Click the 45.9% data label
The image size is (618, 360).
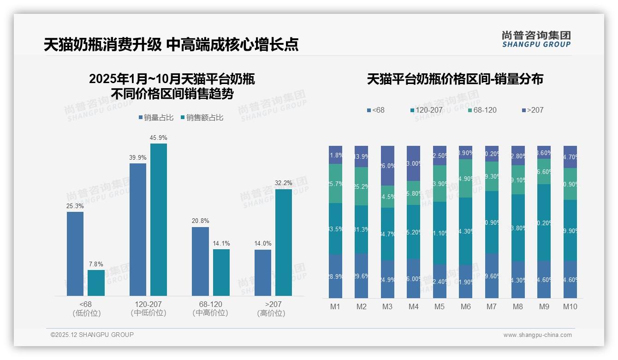pyautogui.click(x=158, y=138)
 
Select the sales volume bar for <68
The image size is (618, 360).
pyautogui.click(x=75, y=253)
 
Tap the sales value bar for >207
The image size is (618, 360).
pyautogui.click(x=284, y=242)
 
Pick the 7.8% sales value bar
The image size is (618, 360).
pyautogui.click(x=96, y=282)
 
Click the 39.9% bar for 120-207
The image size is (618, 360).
pyautogui.click(x=138, y=229)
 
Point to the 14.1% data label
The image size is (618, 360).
pyautogui.click(x=221, y=243)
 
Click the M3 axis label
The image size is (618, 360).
pyautogui.click(x=387, y=306)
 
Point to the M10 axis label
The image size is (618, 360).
pyautogui.click(x=570, y=306)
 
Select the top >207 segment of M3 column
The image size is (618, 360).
pyautogui.click(x=387, y=166)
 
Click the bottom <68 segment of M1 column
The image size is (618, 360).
pyautogui.click(x=336, y=276)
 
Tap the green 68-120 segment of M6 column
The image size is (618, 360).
pyautogui.click(x=466, y=179)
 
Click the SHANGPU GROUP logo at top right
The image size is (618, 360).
pyautogui.click(x=536, y=39)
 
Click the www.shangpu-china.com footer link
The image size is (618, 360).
pyautogui.click(x=537, y=335)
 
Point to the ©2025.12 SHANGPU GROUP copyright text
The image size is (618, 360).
pyautogui.click(x=92, y=335)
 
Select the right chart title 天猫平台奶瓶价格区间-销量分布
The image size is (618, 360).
pyautogui.click(x=455, y=79)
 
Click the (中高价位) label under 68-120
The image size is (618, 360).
pyautogui.click(x=210, y=313)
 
